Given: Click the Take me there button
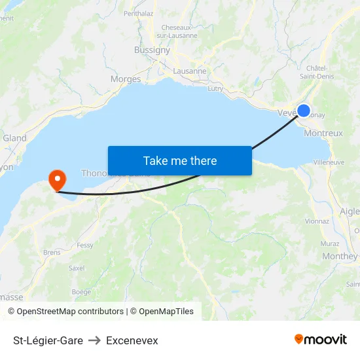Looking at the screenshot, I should coord(180,160).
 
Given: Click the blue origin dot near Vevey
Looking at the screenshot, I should coord(304,111).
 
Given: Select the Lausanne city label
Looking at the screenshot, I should coord(190,71).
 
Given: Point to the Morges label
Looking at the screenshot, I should coord(126,79).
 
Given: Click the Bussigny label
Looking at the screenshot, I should coord(152,50).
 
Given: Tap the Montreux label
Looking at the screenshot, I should coord(323,133).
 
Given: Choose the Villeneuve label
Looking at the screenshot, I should coord(329,162).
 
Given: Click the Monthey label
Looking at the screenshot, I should coord(340,257).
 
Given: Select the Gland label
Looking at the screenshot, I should coord(14,138).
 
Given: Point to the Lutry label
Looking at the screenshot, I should coord(215,88).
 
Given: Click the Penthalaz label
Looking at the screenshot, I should coord(138,12).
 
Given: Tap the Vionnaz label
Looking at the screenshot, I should coord(317,221).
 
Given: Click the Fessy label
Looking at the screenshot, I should coord(85,245).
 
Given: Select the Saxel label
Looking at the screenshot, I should coord(77,268).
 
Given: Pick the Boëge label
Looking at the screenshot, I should coord(81,292).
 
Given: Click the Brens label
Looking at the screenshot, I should coord(52,252).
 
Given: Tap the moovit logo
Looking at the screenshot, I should coord(321,340).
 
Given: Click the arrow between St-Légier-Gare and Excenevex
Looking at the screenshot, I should coord(94,340).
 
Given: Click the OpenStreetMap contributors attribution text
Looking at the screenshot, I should coord(70,312).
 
